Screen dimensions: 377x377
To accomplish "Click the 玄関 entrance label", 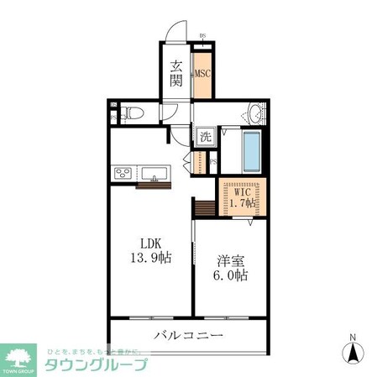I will (177, 74).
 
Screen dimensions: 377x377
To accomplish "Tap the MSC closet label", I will (202, 73).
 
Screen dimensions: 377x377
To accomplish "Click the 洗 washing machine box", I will (206, 136).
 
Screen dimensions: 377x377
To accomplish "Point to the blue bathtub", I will (251, 150).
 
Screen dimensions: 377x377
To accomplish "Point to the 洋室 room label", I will (228, 261).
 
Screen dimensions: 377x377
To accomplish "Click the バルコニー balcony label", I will (188, 336).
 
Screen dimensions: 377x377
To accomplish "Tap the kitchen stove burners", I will (123, 174).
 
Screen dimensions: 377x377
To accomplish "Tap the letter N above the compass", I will (353, 339).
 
